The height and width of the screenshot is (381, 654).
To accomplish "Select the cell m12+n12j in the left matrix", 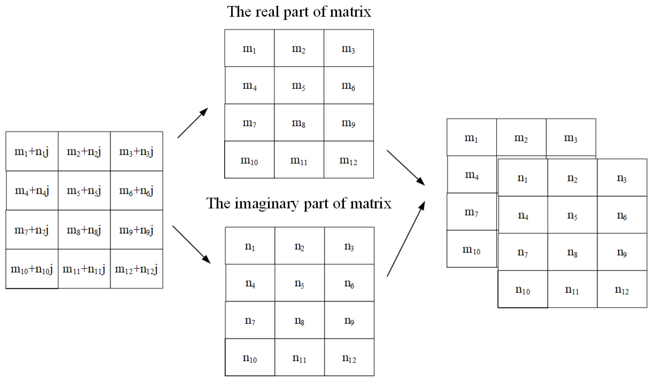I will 136,269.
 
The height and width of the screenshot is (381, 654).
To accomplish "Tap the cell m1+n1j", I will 32,151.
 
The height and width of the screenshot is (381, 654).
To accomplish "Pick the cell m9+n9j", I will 136,230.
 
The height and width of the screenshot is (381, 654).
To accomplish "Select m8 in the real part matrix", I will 299,123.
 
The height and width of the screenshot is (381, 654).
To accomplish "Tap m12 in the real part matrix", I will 348,160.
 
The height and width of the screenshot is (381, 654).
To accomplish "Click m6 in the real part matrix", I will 348,85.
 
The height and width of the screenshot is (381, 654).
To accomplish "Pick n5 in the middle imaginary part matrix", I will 299,283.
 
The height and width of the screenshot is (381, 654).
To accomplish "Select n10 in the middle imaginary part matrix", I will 250,358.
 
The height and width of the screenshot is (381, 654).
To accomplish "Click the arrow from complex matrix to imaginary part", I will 191,245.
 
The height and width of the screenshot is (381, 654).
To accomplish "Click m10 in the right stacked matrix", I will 471,249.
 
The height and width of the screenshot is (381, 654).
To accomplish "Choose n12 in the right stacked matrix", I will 622,290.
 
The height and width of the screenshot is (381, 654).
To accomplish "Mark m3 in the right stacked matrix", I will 571,138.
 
